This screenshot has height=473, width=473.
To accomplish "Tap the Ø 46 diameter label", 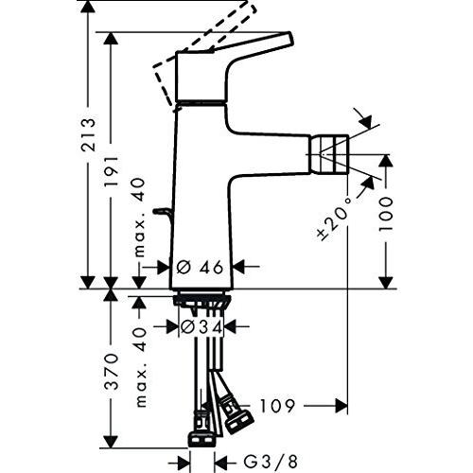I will point(200,268).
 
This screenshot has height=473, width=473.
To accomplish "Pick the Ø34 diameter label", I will point(200,326).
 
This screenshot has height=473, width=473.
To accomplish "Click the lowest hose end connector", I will point(201,439).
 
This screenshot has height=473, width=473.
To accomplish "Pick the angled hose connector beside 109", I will point(235,414).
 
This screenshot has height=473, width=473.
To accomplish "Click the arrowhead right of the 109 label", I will point(342,405).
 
